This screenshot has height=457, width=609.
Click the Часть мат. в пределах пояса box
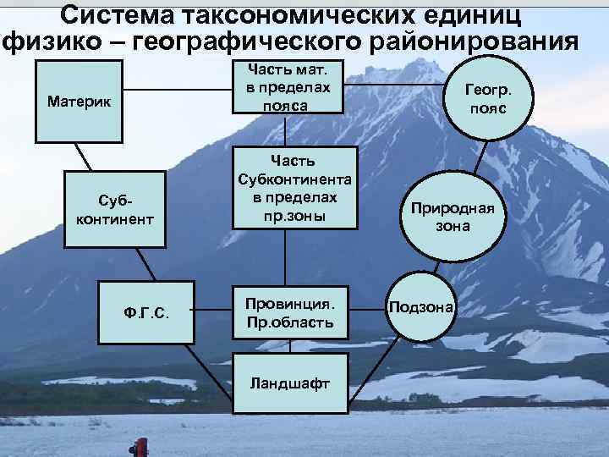point(285,87)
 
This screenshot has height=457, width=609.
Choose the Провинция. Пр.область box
point(288,312)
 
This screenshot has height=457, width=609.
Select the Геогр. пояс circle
point(490,94)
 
